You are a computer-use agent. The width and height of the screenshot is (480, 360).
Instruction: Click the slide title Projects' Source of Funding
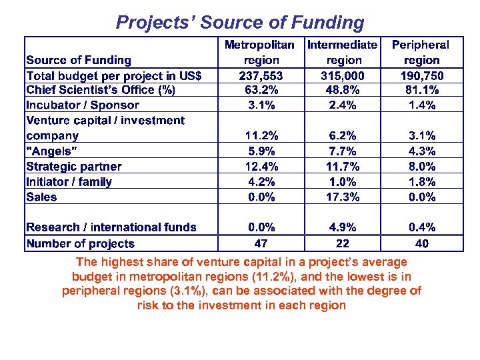click(x=240, y=23)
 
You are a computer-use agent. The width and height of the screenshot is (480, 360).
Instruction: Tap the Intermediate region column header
click(x=342, y=52)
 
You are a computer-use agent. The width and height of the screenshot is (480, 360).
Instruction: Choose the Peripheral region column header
click(x=420, y=52)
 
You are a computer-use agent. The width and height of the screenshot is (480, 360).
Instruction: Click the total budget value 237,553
click(x=261, y=75)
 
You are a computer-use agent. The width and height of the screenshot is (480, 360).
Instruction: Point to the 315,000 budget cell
click(x=342, y=75)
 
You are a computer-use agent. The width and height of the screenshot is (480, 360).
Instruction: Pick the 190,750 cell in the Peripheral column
click(x=421, y=75)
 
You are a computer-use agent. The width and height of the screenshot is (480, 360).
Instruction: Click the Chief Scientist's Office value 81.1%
click(x=421, y=90)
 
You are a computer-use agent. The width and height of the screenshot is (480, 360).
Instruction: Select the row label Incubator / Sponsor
click(x=83, y=105)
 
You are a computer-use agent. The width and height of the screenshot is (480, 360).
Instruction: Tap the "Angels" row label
click(x=52, y=151)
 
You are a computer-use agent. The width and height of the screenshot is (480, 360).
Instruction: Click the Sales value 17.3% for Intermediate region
click(x=342, y=197)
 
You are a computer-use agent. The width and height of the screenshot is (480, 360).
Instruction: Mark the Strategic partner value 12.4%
click(x=261, y=166)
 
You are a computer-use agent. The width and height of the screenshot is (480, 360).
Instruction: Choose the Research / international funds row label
click(x=111, y=227)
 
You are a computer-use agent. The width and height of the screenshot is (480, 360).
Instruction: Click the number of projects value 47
click(x=261, y=243)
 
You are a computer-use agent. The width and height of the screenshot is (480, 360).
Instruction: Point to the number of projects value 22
click(x=342, y=243)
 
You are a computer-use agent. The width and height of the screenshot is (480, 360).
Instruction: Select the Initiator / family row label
click(x=69, y=181)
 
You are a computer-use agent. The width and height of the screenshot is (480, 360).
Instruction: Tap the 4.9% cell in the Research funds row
click(x=342, y=227)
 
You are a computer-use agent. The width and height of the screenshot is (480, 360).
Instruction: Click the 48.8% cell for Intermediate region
click(x=342, y=90)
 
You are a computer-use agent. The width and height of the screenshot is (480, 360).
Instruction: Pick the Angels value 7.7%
click(x=342, y=151)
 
